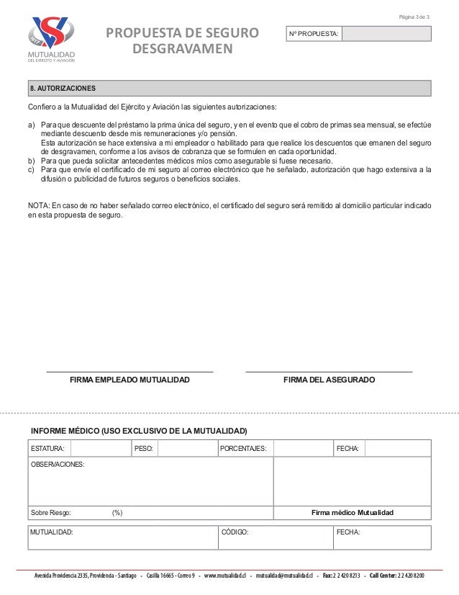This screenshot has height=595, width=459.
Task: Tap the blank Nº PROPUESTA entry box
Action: pyautogui.click(x=386, y=34)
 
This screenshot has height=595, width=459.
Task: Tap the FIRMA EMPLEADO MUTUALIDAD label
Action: pyautogui.click(x=129, y=379)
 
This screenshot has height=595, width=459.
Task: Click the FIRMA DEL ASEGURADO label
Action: pyautogui.click(x=329, y=379)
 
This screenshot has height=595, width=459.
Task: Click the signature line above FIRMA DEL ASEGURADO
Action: pyautogui.click(x=329, y=371)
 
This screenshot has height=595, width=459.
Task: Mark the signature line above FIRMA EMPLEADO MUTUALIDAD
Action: pyautogui.click(x=129, y=371)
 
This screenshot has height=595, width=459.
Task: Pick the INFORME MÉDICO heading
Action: pyautogui.click(x=138, y=431)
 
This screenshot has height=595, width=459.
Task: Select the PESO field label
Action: pyautogui.click(x=145, y=449)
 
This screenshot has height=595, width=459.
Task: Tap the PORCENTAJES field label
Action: pyautogui.click(x=243, y=449)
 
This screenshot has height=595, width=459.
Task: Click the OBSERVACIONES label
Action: pyautogui.click(x=58, y=464)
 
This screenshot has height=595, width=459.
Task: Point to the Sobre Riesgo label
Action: pyautogui.click(x=50, y=513)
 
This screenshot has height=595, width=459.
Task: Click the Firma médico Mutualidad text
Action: pyautogui.click(x=352, y=513)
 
